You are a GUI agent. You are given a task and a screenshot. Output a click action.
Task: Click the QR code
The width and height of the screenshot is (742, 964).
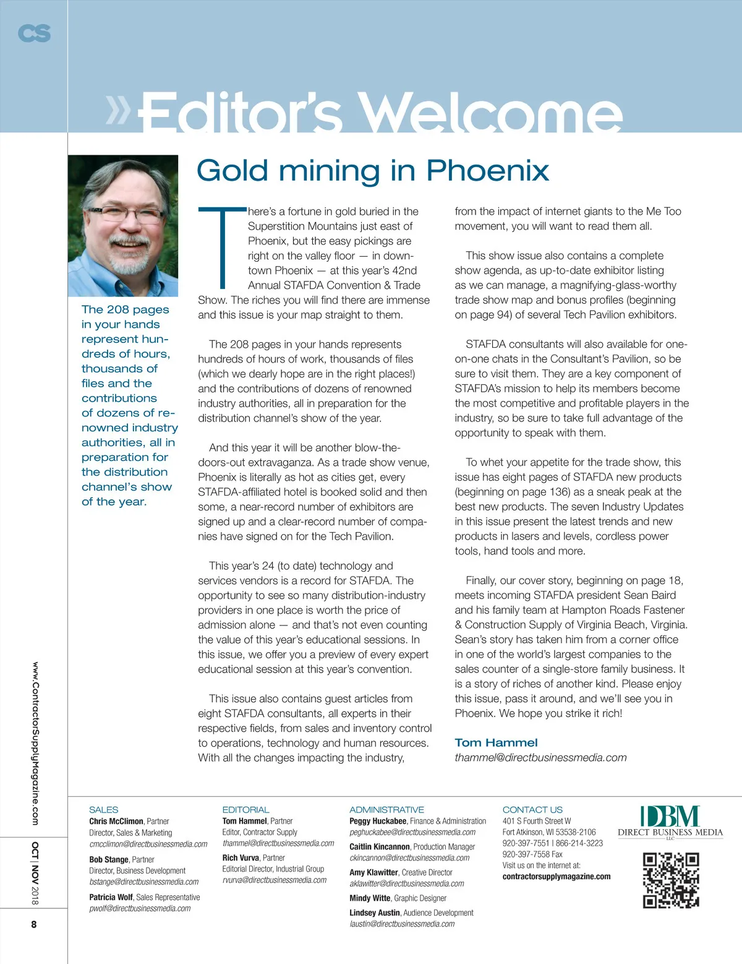click(671, 880)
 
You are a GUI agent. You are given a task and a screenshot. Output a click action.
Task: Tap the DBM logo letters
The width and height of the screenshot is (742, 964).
click(670, 816)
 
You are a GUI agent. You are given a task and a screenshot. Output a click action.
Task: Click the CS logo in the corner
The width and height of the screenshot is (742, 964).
click(34, 33)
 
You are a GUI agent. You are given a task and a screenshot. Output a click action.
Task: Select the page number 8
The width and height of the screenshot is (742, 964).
click(34, 924)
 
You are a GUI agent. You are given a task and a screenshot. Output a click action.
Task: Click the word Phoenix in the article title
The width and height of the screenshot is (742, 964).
click(487, 171)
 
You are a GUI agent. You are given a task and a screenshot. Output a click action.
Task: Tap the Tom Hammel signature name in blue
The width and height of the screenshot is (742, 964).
click(496, 742)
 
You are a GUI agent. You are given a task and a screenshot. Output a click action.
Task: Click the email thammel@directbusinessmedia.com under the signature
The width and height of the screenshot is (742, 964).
click(540, 757)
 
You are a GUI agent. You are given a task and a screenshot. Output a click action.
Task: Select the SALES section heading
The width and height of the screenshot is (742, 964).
click(103, 809)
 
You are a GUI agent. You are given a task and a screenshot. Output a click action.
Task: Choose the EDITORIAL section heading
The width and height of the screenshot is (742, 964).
click(245, 809)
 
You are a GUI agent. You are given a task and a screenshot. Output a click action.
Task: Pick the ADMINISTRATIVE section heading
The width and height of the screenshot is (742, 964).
click(386, 809)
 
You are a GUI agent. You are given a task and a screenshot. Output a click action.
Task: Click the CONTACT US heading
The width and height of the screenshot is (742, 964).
click(532, 809)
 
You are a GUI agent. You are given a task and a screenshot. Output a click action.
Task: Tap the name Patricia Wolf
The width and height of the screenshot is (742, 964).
click(111, 897)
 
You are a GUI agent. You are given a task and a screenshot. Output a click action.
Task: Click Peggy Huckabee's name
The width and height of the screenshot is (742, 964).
click(378, 821)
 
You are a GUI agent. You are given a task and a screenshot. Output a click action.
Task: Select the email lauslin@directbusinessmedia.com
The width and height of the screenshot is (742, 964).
click(402, 924)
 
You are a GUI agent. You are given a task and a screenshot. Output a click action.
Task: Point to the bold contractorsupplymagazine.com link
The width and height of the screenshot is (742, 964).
click(556, 876)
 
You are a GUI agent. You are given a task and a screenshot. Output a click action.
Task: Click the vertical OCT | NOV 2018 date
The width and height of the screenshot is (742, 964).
click(35, 873)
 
